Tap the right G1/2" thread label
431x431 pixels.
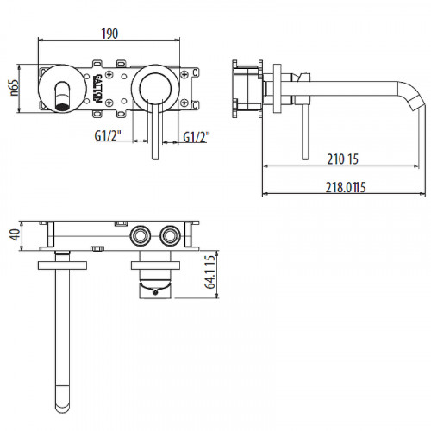click(197, 135)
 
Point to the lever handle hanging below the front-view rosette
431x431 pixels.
click(153, 134)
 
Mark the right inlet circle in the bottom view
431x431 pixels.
click(169, 234)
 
